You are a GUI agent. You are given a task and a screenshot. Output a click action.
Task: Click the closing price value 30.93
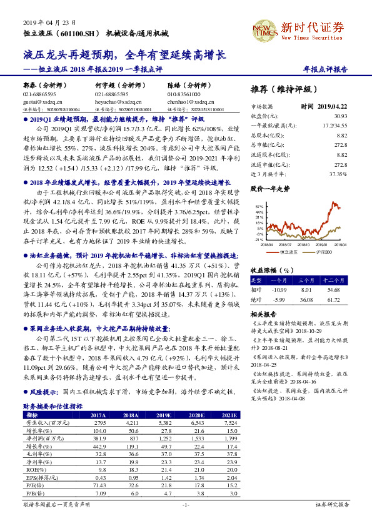tap(340, 116)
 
